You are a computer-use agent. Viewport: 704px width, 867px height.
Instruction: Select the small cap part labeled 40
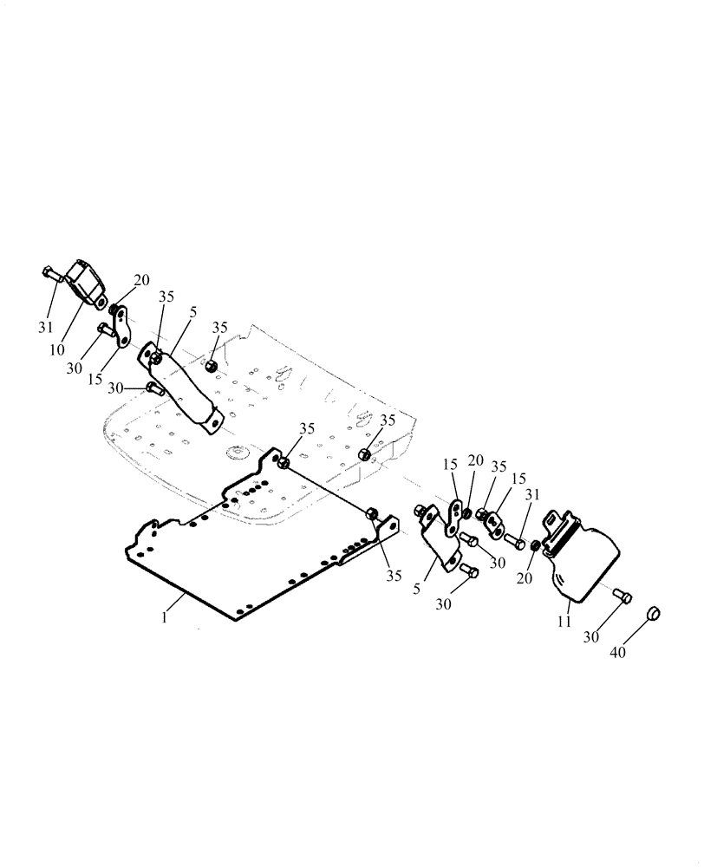(654, 614)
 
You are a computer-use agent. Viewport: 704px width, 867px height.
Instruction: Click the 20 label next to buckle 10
(140, 280)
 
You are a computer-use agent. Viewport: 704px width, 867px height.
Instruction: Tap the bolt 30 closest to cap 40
(622, 596)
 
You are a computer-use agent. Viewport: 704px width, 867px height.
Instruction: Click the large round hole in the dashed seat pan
(234, 451)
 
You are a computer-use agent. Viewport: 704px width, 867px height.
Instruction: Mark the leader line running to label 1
(179, 603)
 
